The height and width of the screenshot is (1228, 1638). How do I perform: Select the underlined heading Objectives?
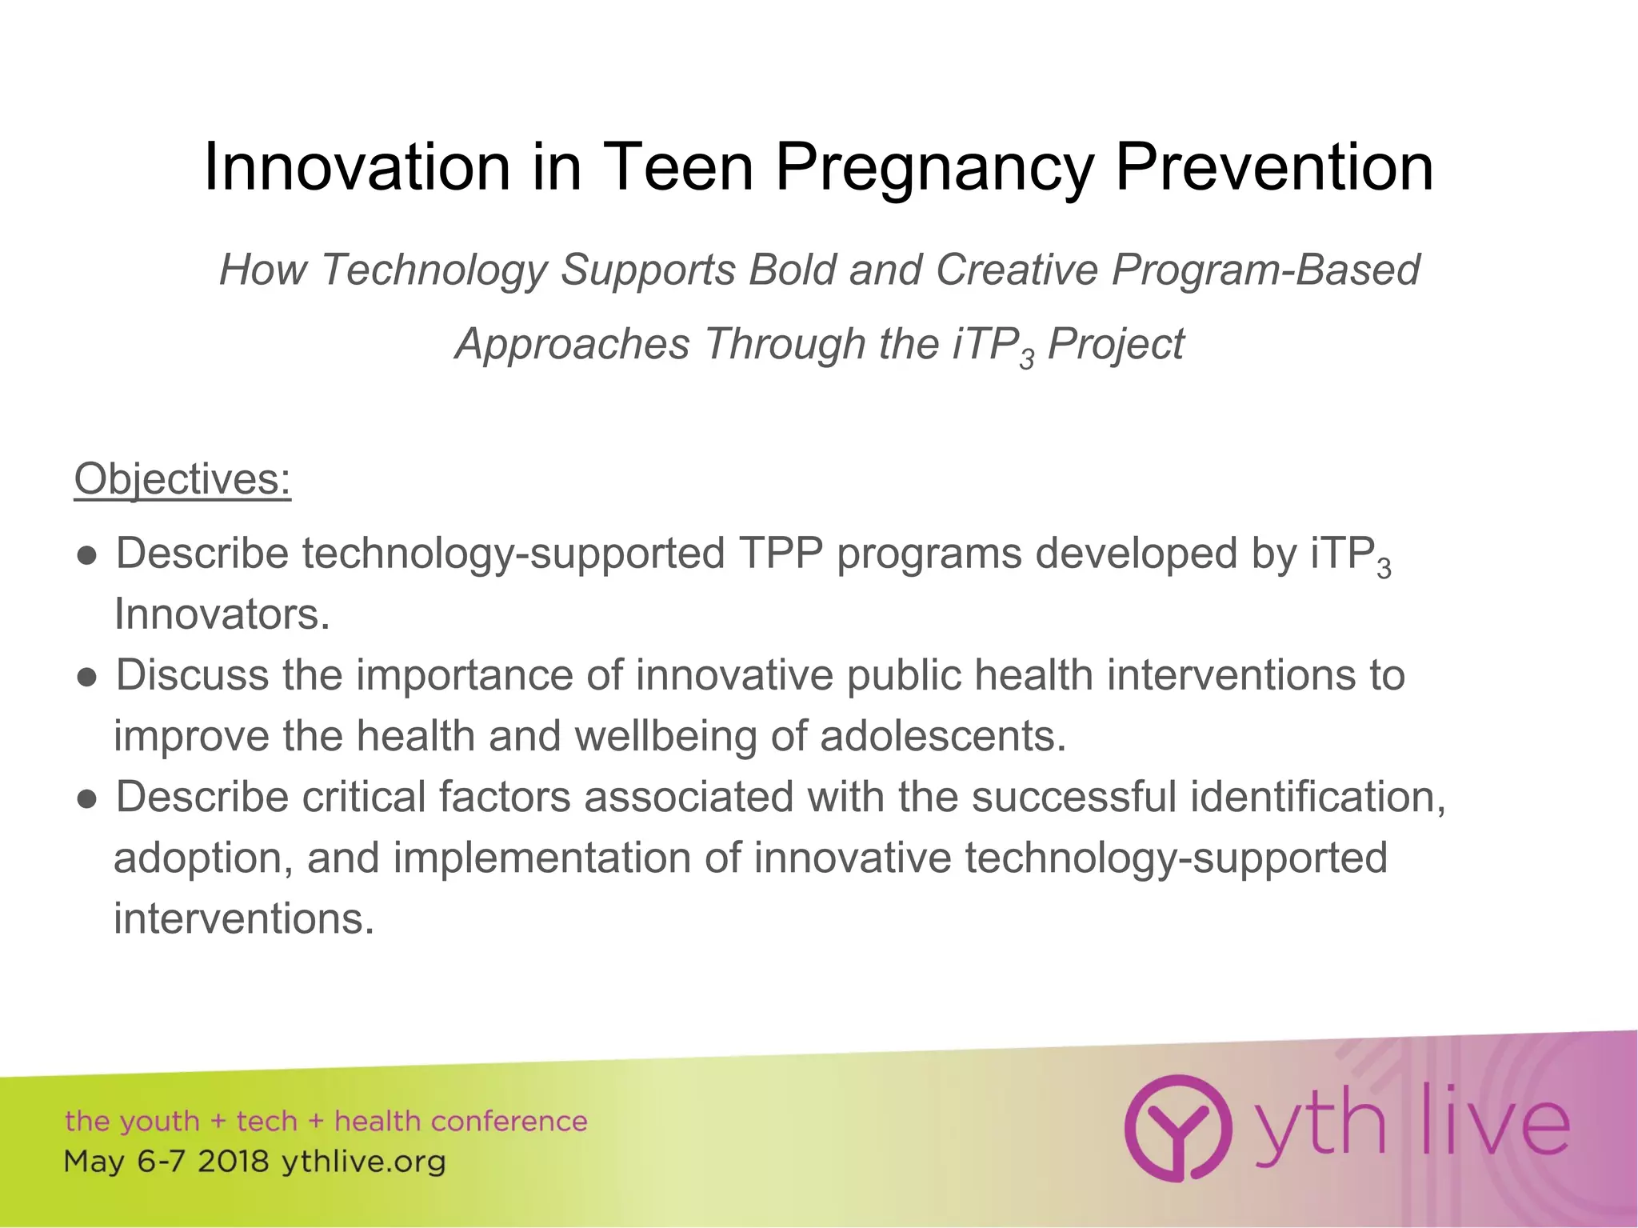182,479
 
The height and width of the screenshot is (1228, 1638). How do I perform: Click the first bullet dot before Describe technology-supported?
88,555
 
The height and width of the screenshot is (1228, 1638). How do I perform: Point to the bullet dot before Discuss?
88,677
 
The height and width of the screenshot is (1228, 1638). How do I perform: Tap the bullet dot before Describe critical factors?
88,798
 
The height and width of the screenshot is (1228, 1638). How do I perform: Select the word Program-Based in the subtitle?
1265,270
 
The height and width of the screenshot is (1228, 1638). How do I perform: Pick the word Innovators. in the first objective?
222,614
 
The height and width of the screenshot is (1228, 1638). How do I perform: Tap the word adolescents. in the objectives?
943,736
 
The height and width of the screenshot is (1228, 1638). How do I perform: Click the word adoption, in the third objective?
203,858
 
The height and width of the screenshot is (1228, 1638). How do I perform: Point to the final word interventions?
244,918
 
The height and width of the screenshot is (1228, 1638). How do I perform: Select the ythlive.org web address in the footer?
363,1162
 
